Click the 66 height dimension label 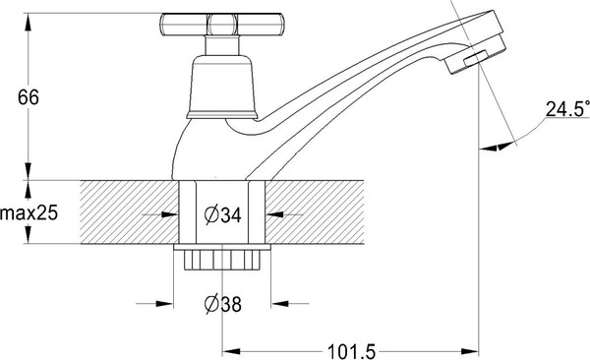tap(29, 97)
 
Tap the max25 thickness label tap(29, 213)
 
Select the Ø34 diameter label tap(223, 215)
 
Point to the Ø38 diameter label tap(223, 304)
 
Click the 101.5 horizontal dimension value tap(351, 352)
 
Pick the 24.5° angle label tap(567, 109)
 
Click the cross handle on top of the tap tap(222, 25)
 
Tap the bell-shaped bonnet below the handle tap(222, 87)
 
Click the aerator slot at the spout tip tap(475, 59)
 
